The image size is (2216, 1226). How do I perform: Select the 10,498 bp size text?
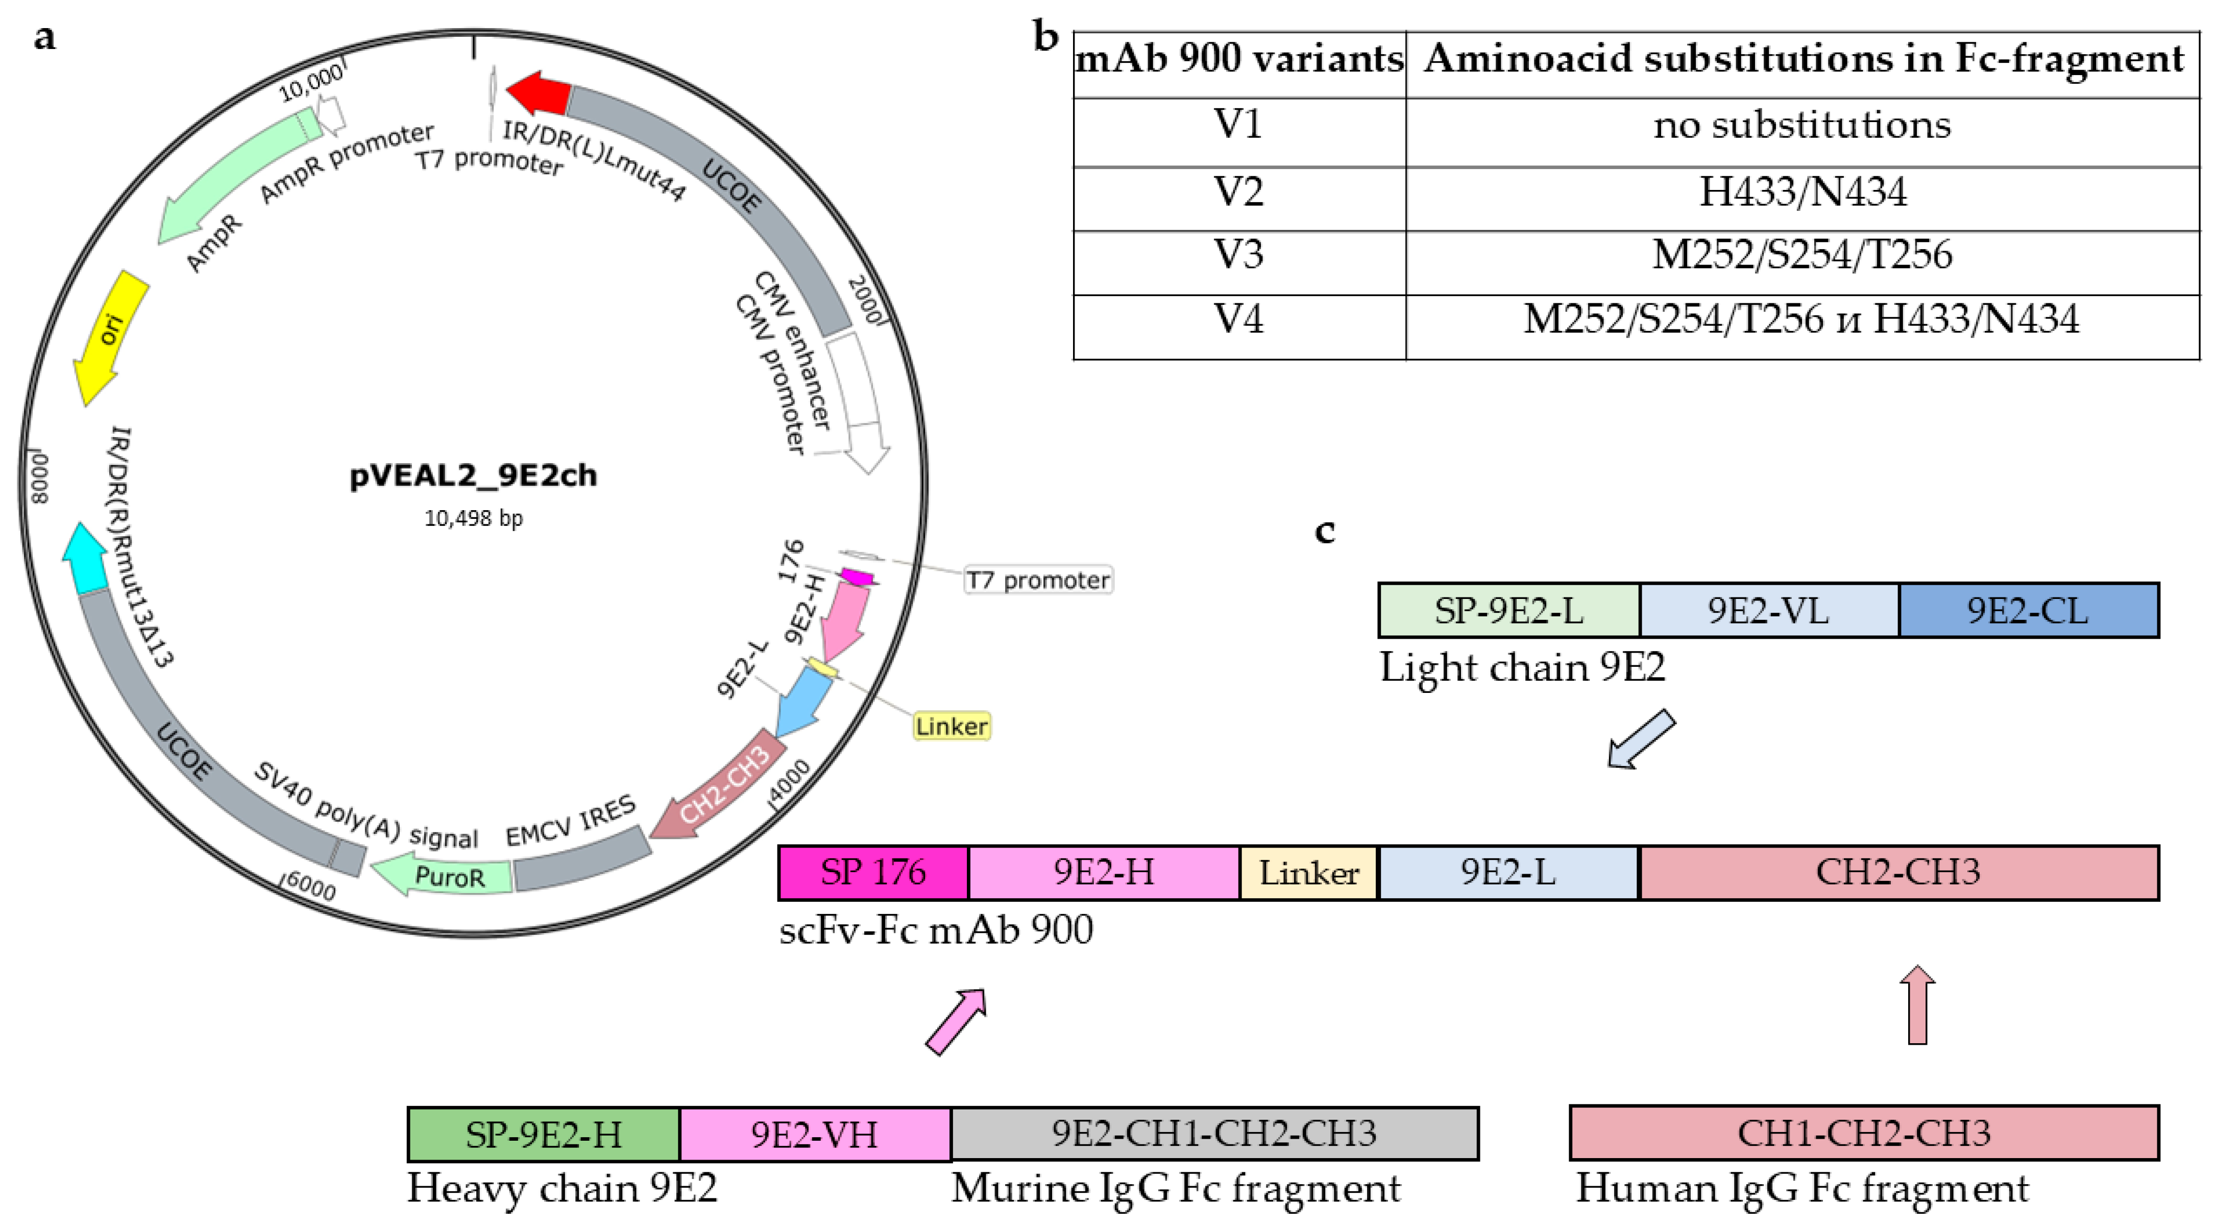coord(473,518)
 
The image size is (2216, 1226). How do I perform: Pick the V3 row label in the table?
coord(1238,255)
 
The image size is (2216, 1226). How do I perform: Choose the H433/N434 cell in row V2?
coord(1801,191)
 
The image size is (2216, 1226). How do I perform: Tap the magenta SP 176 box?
coord(873,873)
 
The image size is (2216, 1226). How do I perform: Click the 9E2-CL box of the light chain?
coord(2028,611)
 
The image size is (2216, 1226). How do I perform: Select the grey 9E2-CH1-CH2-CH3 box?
coord(1214,1134)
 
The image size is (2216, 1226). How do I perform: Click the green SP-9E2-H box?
coord(544,1134)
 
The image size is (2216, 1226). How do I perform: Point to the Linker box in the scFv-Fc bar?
coord(1308,873)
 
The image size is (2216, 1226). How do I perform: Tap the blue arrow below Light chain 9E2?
coord(1641,739)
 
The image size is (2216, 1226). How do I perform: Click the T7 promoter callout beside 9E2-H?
coord(1037,580)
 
